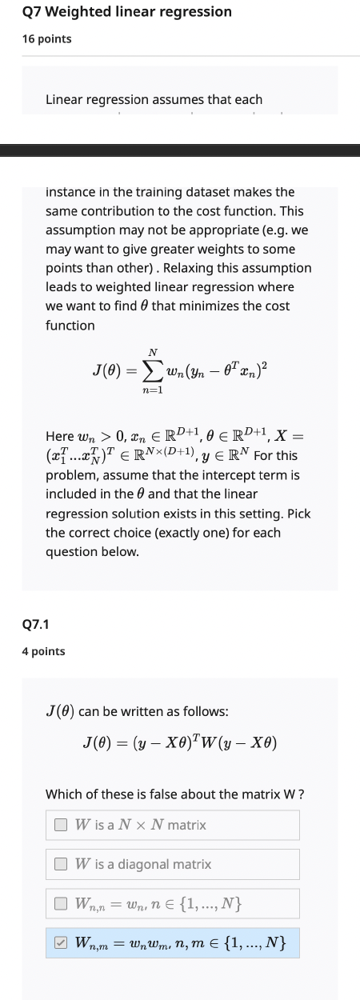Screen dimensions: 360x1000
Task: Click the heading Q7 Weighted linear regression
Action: [x=127, y=12]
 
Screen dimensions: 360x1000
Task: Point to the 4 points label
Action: [x=44, y=651]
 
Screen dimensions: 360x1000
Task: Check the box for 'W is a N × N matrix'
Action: [x=61, y=802]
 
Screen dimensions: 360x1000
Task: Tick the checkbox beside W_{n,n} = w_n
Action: [x=61, y=904]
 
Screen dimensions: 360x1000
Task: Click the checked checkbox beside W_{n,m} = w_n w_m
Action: [x=61, y=943]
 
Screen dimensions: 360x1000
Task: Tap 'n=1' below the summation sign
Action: [x=153, y=391]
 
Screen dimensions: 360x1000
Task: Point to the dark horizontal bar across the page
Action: [x=180, y=150]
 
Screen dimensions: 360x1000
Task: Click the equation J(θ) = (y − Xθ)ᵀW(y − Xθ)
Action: [x=180, y=742]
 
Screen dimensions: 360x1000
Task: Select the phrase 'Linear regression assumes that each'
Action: [x=154, y=100]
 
